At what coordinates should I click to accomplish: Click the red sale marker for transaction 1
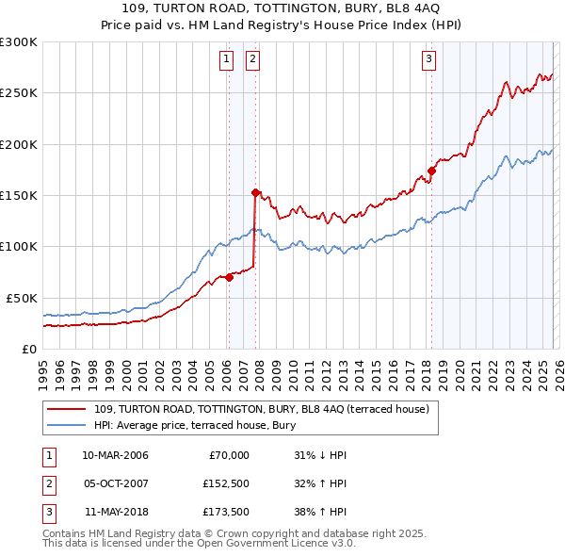coord(229,277)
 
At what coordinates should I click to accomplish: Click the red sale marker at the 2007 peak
coord(254,192)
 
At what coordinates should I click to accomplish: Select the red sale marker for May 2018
coord(431,171)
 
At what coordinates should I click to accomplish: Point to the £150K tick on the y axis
coord(19,195)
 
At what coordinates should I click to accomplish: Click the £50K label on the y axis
coord(22,298)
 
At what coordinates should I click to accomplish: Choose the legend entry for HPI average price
coord(195,425)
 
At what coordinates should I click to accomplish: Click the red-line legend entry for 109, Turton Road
coord(262,409)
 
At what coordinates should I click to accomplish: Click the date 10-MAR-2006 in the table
coord(114,455)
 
